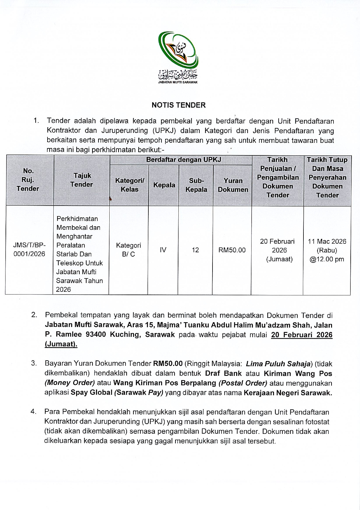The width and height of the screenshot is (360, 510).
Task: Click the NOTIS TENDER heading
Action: [x=178, y=105]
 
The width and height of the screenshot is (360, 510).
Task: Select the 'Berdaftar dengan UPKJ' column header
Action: [x=183, y=160]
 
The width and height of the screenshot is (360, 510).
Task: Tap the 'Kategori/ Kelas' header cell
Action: [x=129, y=185]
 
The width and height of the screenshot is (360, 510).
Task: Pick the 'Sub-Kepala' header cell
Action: [x=196, y=185]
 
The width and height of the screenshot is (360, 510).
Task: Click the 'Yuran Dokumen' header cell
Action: [x=233, y=185]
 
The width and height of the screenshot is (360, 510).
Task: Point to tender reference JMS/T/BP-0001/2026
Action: [x=29, y=250]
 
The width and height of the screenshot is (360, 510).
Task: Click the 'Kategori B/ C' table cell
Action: [x=129, y=250]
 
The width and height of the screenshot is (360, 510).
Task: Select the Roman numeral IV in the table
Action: [x=163, y=250]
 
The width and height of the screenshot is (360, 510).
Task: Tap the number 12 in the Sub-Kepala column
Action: [x=195, y=250]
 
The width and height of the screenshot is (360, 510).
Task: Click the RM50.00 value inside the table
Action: [x=232, y=250]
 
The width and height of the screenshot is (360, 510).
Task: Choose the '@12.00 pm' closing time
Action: [x=327, y=259]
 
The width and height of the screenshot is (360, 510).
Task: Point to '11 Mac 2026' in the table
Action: [x=327, y=241]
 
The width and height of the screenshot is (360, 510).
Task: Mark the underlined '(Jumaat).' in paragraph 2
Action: [x=61, y=344]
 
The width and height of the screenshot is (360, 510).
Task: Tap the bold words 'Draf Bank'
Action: [x=223, y=374]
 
